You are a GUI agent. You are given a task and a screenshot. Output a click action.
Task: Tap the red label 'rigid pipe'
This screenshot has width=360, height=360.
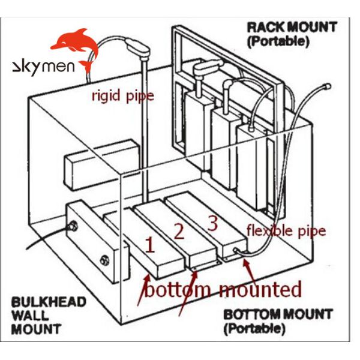[x=122, y=95]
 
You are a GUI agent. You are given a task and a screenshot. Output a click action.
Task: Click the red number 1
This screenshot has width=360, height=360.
[x=150, y=244]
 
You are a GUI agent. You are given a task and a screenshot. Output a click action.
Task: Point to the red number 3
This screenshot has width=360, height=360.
[x=212, y=223]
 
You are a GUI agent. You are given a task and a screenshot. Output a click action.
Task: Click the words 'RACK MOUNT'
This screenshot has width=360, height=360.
[x=292, y=27]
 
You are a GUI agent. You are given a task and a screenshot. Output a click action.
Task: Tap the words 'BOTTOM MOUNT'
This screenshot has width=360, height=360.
[x=277, y=314]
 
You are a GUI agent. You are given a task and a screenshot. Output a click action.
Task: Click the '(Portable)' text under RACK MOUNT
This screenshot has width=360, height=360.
[x=277, y=42]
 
